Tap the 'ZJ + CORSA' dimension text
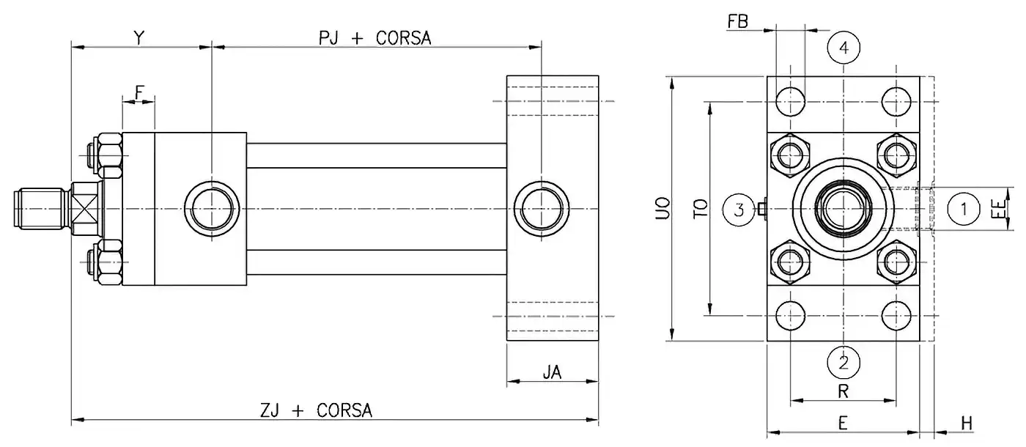(x=317, y=410)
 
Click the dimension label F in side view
(x=139, y=92)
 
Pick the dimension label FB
(x=738, y=21)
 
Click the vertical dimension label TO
(x=701, y=210)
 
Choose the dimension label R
(x=843, y=392)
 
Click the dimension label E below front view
(x=843, y=423)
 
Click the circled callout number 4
(x=844, y=48)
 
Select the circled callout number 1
(x=964, y=210)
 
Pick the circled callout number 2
(x=844, y=361)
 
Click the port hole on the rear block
(x=541, y=209)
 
